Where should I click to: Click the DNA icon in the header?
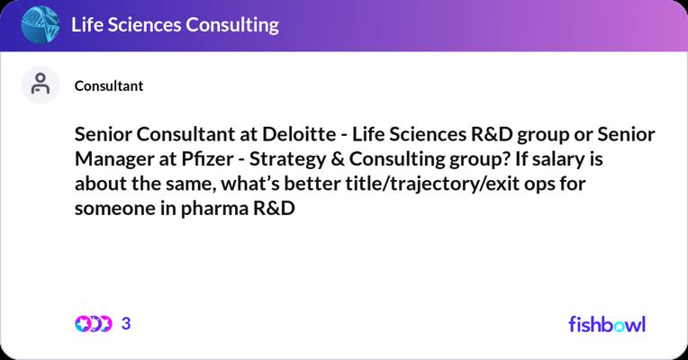coord(41,24)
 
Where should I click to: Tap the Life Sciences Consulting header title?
coord(175,25)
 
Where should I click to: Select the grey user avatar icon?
coord(41,85)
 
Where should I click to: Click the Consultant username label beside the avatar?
coord(109,85)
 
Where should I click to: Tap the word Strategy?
coord(287,159)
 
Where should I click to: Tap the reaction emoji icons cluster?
coord(93,324)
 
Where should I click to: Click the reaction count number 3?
coord(126,324)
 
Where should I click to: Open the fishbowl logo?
coord(607,324)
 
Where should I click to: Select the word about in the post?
coord(101,184)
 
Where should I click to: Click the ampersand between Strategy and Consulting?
coord(338,159)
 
